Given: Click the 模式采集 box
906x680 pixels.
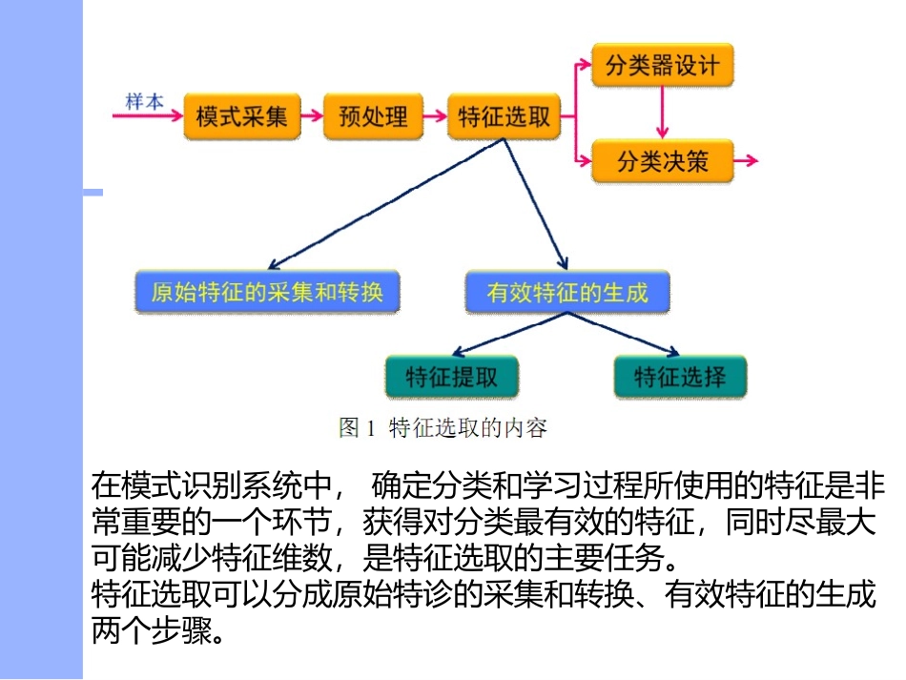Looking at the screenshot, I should (x=241, y=117).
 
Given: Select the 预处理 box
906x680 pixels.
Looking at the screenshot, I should (x=373, y=117).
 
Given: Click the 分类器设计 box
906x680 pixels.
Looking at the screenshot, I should (x=662, y=66).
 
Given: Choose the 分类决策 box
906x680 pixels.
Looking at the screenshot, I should (x=662, y=160).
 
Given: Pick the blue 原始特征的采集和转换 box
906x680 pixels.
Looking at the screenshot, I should (x=267, y=292).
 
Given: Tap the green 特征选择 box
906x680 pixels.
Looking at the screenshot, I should (x=679, y=376).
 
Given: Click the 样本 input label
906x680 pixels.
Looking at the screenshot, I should (x=144, y=100).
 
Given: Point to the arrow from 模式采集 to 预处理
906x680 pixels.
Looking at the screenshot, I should (x=312, y=117).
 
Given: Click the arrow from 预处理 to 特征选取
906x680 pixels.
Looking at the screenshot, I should (x=435, y=117).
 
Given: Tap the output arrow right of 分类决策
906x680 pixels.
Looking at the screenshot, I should (x=747, y=160).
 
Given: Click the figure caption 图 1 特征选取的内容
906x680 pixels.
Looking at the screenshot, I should (x=443, y=428).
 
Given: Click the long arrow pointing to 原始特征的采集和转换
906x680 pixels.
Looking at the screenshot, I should (x=381, y=205).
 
